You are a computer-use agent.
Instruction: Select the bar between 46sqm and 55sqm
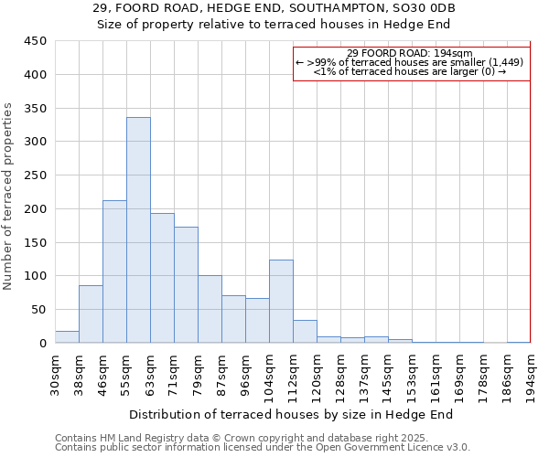click(x=114, y=271)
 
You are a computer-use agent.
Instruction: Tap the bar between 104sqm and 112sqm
click(x=281, y=302)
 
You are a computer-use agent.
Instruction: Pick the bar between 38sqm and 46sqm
click(x=91, y=314)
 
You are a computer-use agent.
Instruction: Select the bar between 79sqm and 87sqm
click(x=210, y=309)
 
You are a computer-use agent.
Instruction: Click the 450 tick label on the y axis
click(x=36, y=41)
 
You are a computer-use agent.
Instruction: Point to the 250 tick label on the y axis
click(x=36, y=175)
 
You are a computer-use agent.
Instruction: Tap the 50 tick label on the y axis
click(x=39, y=310)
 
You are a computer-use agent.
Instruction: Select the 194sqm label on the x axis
click(x=531, y=377)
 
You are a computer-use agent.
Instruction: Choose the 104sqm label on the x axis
click(x=269, y=377)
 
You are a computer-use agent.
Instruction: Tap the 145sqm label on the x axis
click(x=388, y=377)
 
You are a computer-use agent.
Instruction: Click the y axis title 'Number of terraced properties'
click(x=8, y=197)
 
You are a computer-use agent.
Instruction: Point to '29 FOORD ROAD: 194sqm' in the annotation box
click(x=410, y=53)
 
